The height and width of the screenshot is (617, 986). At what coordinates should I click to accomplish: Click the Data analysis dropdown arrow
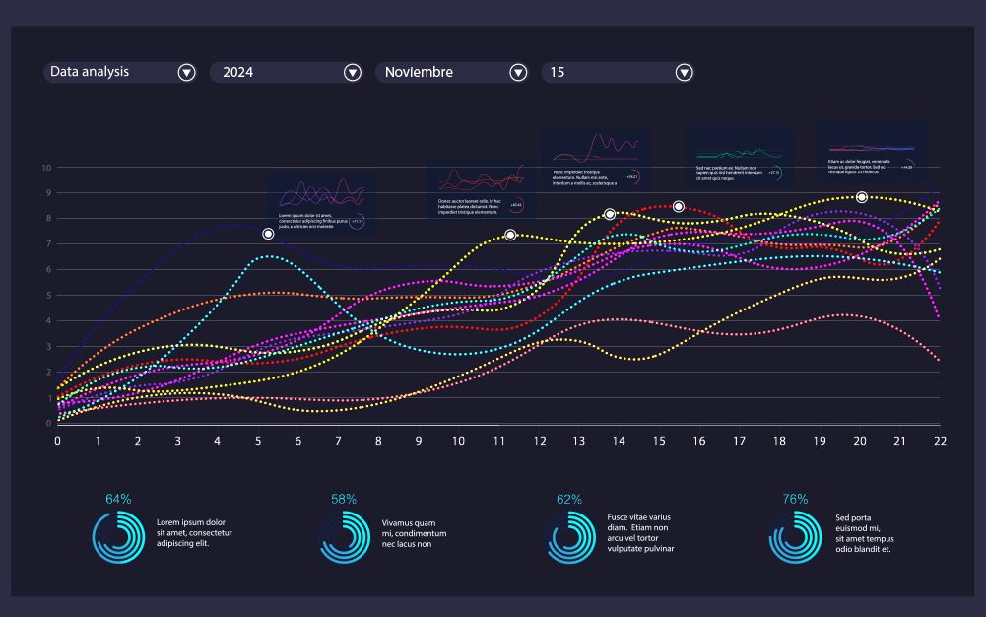(x=186, y=72)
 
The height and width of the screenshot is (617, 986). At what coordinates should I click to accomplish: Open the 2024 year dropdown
(x=352, y=72)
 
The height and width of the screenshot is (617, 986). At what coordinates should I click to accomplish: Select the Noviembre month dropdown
(x=518, y=72)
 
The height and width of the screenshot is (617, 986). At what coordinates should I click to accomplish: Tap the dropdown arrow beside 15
(x=684, y=72)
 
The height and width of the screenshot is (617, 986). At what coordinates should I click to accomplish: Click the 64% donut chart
(x=118, y=541)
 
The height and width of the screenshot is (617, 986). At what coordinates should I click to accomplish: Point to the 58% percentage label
(x=344, y=500)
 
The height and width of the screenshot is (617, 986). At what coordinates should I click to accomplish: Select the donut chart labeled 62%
(x=568, y=541)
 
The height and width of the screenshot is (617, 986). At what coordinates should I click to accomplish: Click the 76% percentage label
(x=795, y=500)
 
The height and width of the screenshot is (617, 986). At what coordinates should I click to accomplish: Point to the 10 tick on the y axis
(x=45, y=168)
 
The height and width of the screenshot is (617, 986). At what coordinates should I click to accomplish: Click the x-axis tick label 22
(x=940, y=441)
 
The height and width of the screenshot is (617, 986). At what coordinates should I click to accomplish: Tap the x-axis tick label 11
(x=498, y=441)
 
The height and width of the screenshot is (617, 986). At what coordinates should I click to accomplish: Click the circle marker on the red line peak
(x=679, y=206)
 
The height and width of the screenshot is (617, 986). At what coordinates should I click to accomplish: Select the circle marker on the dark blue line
(x=268, y=234)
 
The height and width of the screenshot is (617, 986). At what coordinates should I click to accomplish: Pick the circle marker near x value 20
(x=862, y=197)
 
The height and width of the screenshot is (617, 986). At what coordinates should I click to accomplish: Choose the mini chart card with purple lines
(x=320, y=203)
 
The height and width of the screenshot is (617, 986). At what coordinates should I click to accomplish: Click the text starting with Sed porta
(x=864, y=533)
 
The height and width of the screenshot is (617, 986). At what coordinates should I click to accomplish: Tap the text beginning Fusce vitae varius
(x=640, y=533)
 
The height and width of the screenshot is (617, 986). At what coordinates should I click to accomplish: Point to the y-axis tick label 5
(x=45, y=296)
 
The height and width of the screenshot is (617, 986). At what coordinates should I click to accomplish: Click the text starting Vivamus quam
(x=414, y=533)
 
